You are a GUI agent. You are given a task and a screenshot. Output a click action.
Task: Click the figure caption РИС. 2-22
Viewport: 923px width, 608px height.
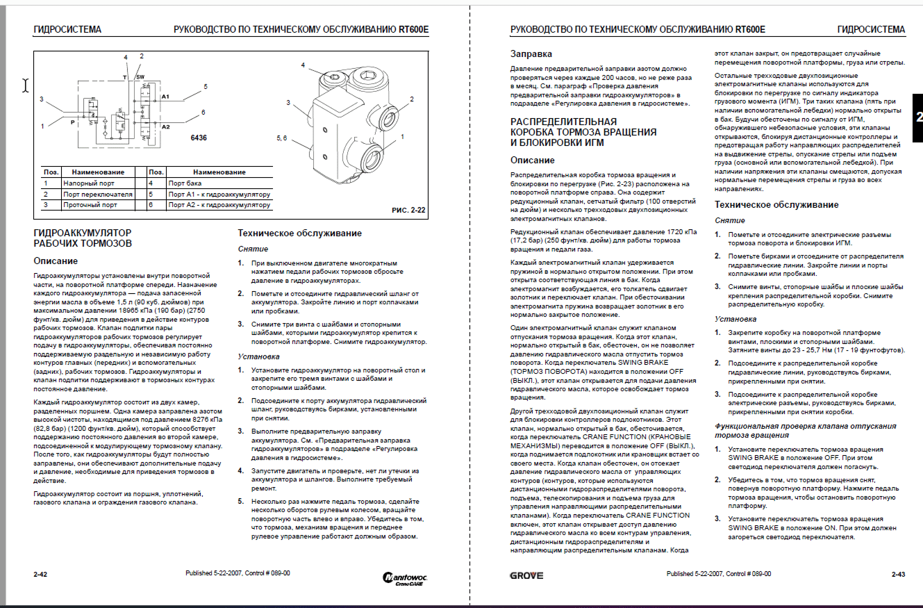[x=409, y=209]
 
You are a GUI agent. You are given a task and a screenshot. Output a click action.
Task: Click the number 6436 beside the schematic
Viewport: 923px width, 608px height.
[x=199, y=138]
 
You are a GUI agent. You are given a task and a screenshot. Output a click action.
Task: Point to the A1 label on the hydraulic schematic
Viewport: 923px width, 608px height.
[x=165, y=96]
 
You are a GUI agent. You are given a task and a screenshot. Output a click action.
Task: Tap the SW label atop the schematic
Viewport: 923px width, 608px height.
[x=140, y=76]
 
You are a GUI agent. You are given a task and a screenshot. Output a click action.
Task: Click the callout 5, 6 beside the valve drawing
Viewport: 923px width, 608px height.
[x=283, y=138]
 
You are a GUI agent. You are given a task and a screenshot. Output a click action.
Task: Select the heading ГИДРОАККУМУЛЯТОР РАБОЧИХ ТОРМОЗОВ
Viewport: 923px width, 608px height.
[x=83, y=238]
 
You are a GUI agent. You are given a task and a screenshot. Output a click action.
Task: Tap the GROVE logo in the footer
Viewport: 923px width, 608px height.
[x=526, y=575]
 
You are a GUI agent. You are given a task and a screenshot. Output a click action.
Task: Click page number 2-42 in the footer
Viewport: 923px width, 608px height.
[x=40, y=575]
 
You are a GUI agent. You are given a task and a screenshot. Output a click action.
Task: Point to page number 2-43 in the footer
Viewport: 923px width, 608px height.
[x=898, y=575]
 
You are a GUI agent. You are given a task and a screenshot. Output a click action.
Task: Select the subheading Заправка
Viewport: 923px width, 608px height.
[x=531, y=54]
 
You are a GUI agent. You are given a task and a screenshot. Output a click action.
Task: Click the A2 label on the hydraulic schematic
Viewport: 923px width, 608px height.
[x=165, y=127]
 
